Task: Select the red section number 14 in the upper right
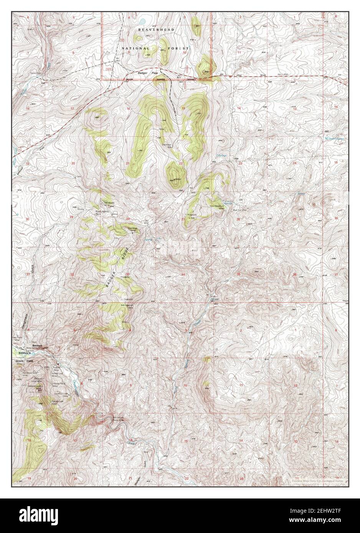click(x=238, y=109)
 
